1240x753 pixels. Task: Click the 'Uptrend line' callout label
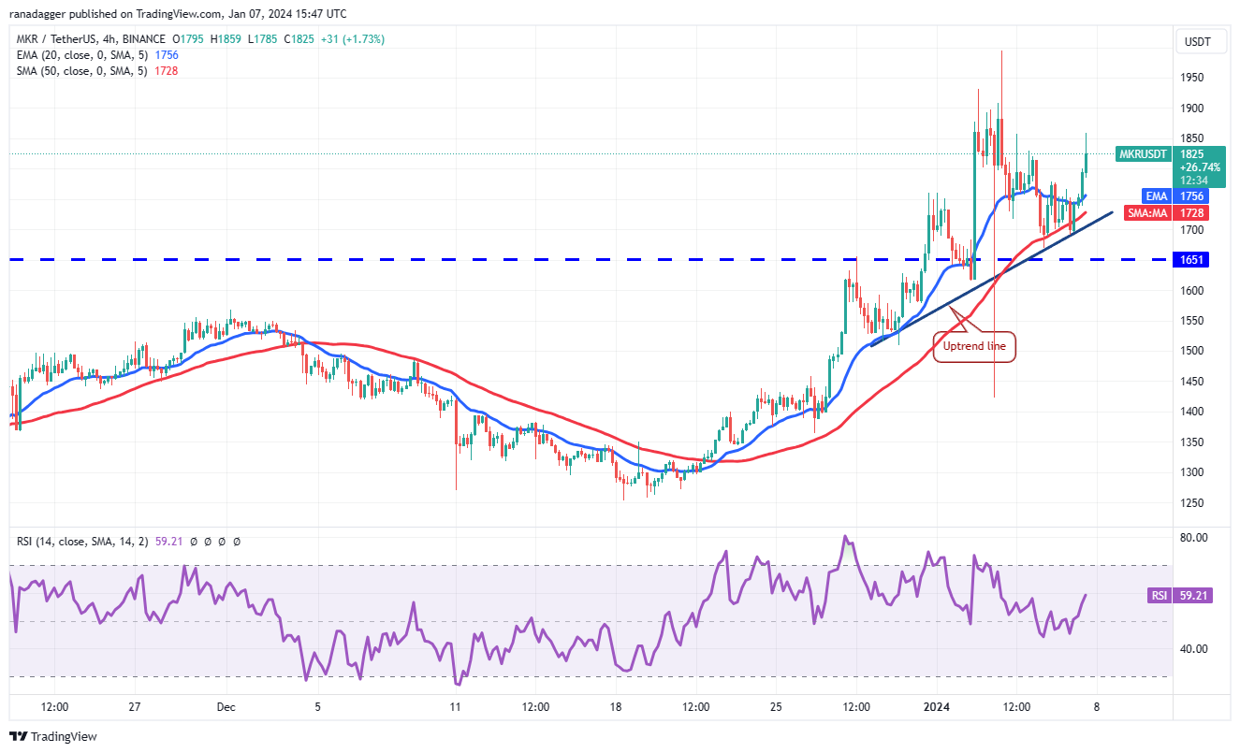(x=974, y=346)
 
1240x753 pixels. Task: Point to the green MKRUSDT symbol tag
(x=1143, y=153)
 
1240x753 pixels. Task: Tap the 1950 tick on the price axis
(x=1194, y=78)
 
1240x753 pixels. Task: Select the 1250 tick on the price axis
(x=1194, y=502)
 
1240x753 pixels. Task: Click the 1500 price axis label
(x=1194, y=351)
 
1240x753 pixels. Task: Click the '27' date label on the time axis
(x=135, y=707)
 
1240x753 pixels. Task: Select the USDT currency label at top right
(x=1198, y=41)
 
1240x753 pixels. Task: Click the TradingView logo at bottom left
(x=54, y=736)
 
